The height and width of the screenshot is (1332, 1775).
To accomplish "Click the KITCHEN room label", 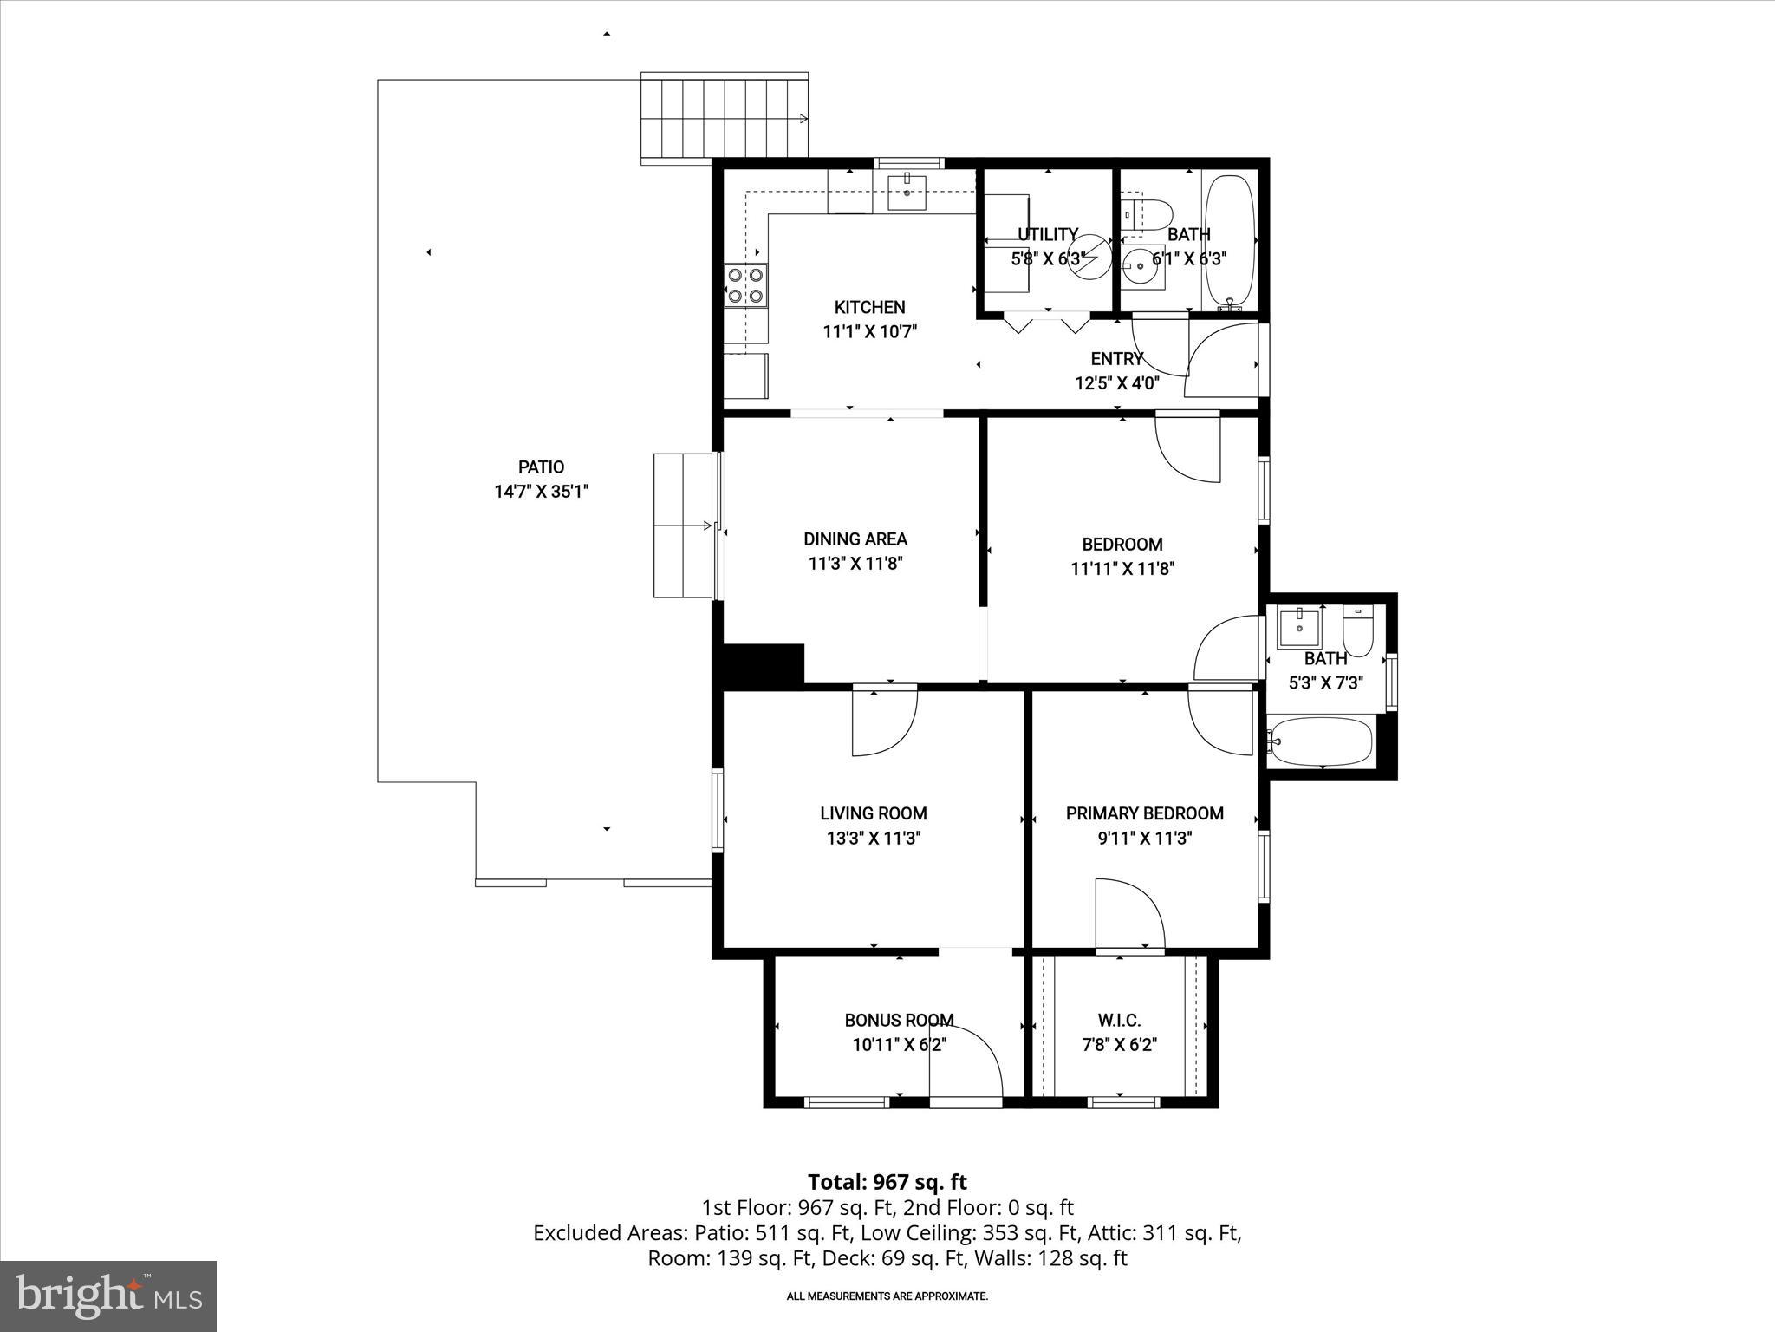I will click(869, 307).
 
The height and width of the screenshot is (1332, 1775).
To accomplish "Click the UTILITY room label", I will click(1047, 234).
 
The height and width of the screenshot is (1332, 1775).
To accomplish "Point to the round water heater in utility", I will click(1089, 258).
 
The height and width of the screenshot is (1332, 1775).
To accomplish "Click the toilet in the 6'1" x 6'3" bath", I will click(1147, 213).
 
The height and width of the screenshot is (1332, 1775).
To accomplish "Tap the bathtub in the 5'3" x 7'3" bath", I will click(1320, 741).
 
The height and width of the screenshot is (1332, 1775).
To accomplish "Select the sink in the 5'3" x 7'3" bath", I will click(1299, 626).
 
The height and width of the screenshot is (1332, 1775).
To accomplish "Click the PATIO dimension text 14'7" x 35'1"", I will click(542, 492).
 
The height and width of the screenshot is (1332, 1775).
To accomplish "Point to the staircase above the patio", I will click(725, 118).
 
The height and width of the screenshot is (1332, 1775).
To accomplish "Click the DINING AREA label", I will click(855, 539).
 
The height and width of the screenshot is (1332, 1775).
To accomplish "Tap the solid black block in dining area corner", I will click(762, 663).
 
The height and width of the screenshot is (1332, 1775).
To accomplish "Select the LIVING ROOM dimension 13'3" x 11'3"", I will click(873, 839).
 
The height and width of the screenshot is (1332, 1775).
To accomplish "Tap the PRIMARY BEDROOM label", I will click(1144, 813).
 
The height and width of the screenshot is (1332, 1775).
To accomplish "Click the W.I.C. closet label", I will click(1119, 1021).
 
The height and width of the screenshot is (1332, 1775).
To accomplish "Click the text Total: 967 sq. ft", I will click(887, 1182).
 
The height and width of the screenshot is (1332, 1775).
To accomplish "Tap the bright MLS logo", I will click(108, 1296).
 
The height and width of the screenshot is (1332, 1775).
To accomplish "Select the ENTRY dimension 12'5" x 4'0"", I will click(1116, 383).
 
